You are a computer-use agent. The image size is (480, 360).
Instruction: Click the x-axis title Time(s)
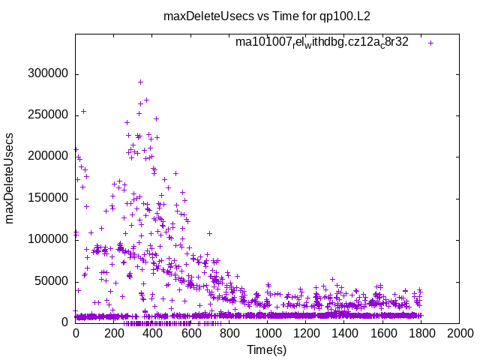pyautogui.click(x=267, y=349)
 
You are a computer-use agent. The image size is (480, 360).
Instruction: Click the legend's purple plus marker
pyautogui.click(x=430, y=43)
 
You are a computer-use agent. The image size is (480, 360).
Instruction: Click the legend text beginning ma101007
pyautogui.click(x=322, y=42)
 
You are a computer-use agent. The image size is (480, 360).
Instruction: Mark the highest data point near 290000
pyautogui.click(x=140, y=82)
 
